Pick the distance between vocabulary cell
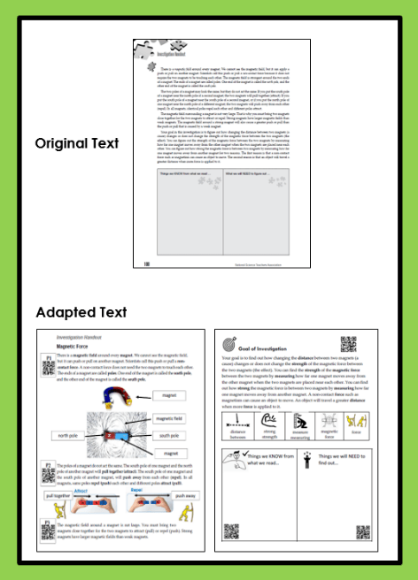click(236, 424)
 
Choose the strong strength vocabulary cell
click(269, 424)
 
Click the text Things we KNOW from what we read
click(269, 460)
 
